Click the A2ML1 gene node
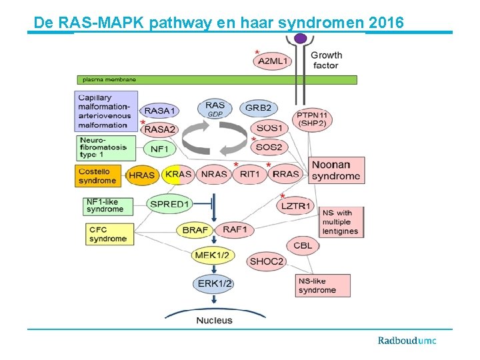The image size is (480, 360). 273,61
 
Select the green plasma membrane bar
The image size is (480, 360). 217,79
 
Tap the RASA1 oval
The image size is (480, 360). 160,111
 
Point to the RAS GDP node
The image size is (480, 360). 215,109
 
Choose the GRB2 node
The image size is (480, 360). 258,108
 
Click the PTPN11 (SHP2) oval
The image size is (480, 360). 312,119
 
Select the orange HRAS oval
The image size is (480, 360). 142,175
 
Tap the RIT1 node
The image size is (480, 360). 250,175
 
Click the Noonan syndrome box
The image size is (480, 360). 336,171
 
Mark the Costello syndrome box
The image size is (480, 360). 99,175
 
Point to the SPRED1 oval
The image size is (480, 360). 170,204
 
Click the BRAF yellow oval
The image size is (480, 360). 195,230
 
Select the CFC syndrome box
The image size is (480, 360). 107,233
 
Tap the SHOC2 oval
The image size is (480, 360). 267,262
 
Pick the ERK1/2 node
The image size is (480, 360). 215,284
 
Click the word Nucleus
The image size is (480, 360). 214,320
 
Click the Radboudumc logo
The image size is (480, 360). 407,341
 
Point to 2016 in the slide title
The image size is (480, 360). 385,23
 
